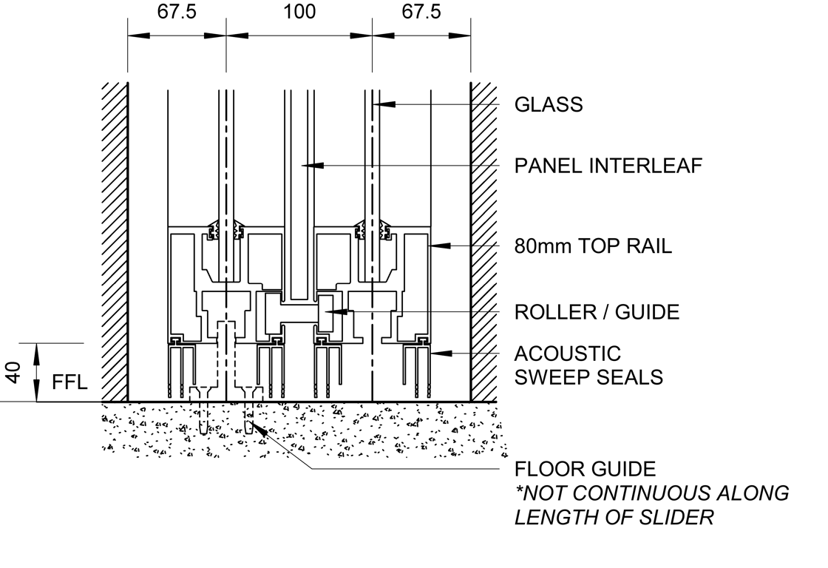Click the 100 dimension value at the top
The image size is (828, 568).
299,12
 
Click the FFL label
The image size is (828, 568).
70,382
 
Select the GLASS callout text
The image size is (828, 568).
549,105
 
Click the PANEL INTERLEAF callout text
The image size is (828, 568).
608,166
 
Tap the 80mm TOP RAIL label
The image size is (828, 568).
593,246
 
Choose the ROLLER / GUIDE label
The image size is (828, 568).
597,312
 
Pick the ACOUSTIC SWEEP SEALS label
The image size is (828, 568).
588,365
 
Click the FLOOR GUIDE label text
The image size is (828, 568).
585,469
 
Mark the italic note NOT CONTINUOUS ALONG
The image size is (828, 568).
651,493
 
